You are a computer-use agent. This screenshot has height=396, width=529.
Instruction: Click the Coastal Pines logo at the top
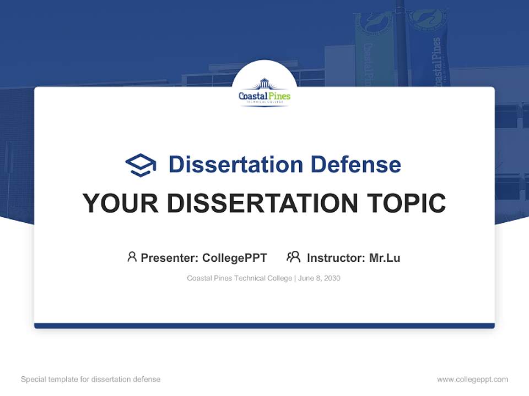(x=264, y=92)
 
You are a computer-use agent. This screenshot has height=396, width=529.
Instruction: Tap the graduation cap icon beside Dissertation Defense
(x=141, y=165)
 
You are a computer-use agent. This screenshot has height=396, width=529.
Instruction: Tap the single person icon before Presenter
(x=132, y=257)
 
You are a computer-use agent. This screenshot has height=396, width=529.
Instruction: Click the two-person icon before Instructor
(x=294, y=257)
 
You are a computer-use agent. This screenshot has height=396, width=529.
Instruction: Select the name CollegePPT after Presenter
(x=235, y=257)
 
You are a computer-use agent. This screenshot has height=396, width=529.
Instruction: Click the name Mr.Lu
(x=385, y=257)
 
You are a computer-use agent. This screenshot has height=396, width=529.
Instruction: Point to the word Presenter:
(x=170, y=257)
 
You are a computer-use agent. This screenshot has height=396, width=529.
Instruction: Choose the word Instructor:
(x=336, y=257)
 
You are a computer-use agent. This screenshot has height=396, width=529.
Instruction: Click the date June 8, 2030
(x=320, y=278)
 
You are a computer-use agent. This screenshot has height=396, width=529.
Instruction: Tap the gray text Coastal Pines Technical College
(x=239, y=278)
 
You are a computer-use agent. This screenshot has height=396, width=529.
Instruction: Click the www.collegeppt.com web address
(x=472, y=380)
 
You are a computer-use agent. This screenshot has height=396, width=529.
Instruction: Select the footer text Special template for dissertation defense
(x=91, y=380)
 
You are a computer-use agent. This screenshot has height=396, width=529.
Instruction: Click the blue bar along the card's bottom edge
(x=264, y=326)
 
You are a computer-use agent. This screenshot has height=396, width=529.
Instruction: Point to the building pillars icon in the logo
(x=264, y=84)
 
